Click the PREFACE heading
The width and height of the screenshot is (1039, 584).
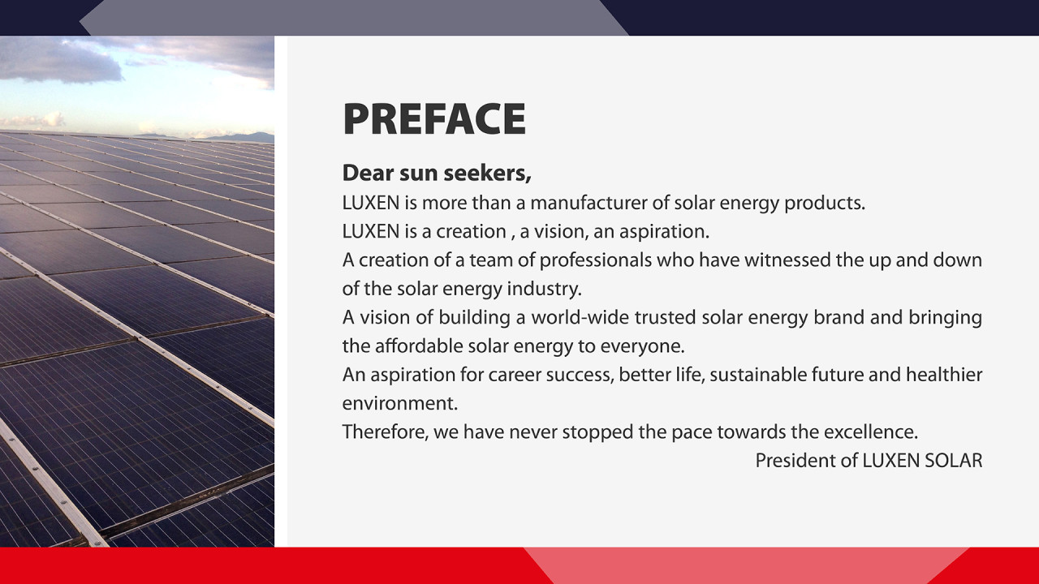[434, 119]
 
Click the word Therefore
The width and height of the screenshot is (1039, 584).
[385, 432]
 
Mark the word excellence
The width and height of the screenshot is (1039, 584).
[870, 432]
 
